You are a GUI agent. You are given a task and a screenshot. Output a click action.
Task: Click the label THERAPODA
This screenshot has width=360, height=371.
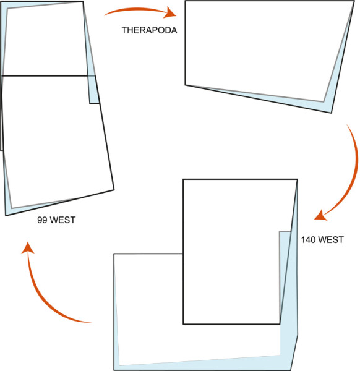pyautogui.click(x=149, y=30)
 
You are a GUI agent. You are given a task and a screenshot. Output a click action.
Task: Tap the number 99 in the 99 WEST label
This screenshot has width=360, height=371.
pyautogui.click(x=42, y=220)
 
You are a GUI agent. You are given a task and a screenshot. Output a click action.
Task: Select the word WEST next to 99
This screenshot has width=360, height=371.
pyautogui.click(x=62, y=220)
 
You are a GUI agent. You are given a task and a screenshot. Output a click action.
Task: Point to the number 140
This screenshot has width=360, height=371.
pyautogui.click(x=308, y=240)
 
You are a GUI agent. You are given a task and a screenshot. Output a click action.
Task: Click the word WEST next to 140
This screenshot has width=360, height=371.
pyautogui.click(x=331, y=240)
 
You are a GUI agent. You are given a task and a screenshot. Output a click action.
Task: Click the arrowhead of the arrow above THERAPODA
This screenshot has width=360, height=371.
pyautogui.click(x=171, y=12)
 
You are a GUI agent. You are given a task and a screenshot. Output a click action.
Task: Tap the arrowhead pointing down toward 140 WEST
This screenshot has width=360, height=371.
pyautogui.click(x=320, y=215)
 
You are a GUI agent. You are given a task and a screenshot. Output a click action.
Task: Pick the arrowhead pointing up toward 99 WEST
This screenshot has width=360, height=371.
pyautogui.click(x=28, y=248)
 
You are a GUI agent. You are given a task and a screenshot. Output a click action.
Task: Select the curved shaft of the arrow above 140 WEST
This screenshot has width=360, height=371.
pyautogui.click(x=354, y=171)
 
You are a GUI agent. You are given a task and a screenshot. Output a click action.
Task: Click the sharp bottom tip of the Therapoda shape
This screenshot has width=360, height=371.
pyautogui.click(x=331, y=113)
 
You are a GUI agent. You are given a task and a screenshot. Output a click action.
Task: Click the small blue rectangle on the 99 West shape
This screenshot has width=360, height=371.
pyautogui.click(x=94, y=90)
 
